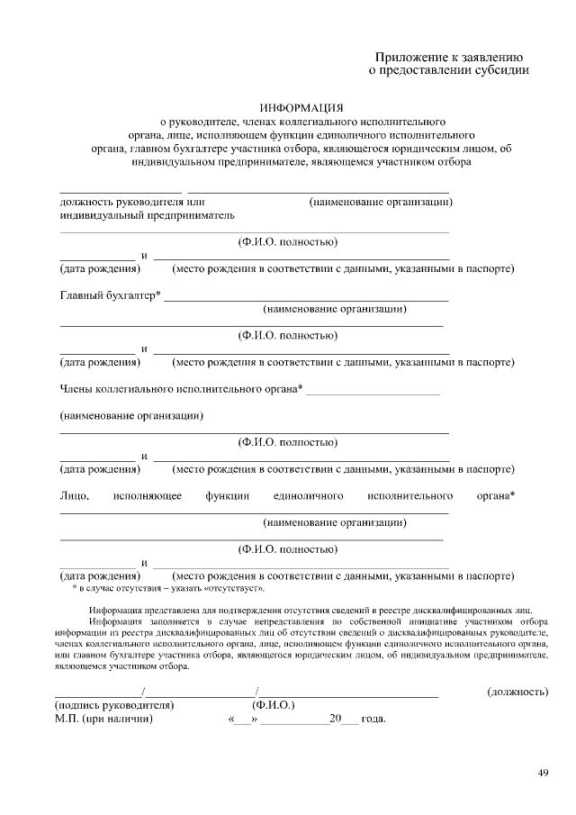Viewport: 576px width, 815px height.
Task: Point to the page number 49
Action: click(x=543, y=772)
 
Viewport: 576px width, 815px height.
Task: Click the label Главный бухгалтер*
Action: click(x=110, y=295)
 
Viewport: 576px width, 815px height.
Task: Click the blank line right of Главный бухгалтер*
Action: click(x=306, y=299)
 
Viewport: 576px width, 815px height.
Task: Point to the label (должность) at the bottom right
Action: click(x=517, y=692)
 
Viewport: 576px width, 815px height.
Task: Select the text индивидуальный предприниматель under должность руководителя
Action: click(x=147, y=216)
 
